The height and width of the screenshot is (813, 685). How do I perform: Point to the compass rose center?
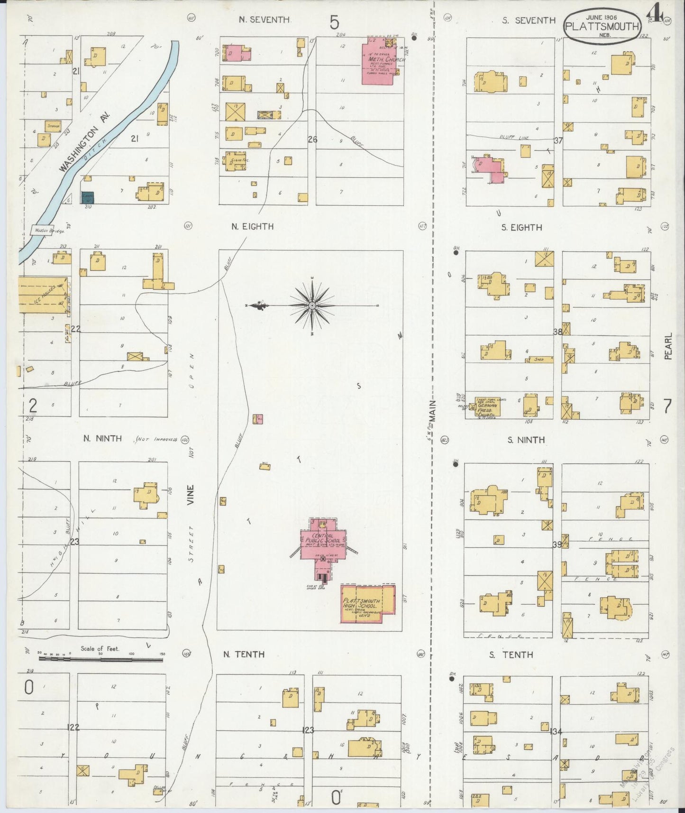point(312,306)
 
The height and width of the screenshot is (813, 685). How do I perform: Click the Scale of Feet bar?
point(100,659)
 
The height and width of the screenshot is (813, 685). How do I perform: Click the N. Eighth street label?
point(252,227)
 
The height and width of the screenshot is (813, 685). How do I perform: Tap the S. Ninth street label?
point(526,440)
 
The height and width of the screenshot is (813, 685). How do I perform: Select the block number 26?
point(312,139)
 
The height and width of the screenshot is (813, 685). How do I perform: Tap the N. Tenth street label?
point(244,655)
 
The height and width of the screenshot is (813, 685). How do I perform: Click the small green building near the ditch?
point(88,198)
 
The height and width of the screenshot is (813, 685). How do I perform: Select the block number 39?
point(557,545)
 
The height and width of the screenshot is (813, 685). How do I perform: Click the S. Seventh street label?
point(529,20)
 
